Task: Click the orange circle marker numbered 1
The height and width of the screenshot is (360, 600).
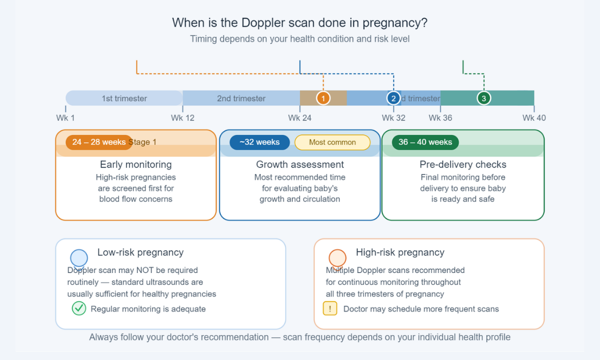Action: tap(323, 98)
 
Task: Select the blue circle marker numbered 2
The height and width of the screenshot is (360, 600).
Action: tap(393, 98)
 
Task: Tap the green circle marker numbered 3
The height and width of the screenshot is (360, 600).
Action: tap(483, 98)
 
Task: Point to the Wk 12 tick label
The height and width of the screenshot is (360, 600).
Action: tap(182, 118)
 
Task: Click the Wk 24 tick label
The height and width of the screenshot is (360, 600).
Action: tap(299, 118)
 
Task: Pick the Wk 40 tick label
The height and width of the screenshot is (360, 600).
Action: tap(534, 118)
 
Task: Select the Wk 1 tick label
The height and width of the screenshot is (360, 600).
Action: tap(65, 118)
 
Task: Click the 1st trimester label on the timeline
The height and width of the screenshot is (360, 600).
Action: tap(124, 98)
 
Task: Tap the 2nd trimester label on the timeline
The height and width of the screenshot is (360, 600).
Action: tap(241, 98)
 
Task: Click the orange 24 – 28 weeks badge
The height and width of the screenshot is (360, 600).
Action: tap(98, 142)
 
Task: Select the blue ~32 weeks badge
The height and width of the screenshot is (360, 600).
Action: tap(259, 142)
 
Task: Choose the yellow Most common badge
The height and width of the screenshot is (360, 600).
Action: tap(332, 142)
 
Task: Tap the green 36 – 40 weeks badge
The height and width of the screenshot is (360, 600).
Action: tap(425, 142)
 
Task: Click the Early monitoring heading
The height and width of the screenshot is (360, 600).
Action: tap(135, 164)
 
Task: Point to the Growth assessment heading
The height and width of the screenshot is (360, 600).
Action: tap(300, 164)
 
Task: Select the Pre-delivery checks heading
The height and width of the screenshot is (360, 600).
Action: tap(463, 164)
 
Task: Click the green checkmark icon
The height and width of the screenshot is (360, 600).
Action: tap(79, 308)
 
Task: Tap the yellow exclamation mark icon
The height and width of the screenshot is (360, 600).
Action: tap(330, 308)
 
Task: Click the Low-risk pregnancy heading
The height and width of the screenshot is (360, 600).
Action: tap(140, 252)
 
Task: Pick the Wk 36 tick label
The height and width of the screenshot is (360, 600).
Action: tap(440, 118)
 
